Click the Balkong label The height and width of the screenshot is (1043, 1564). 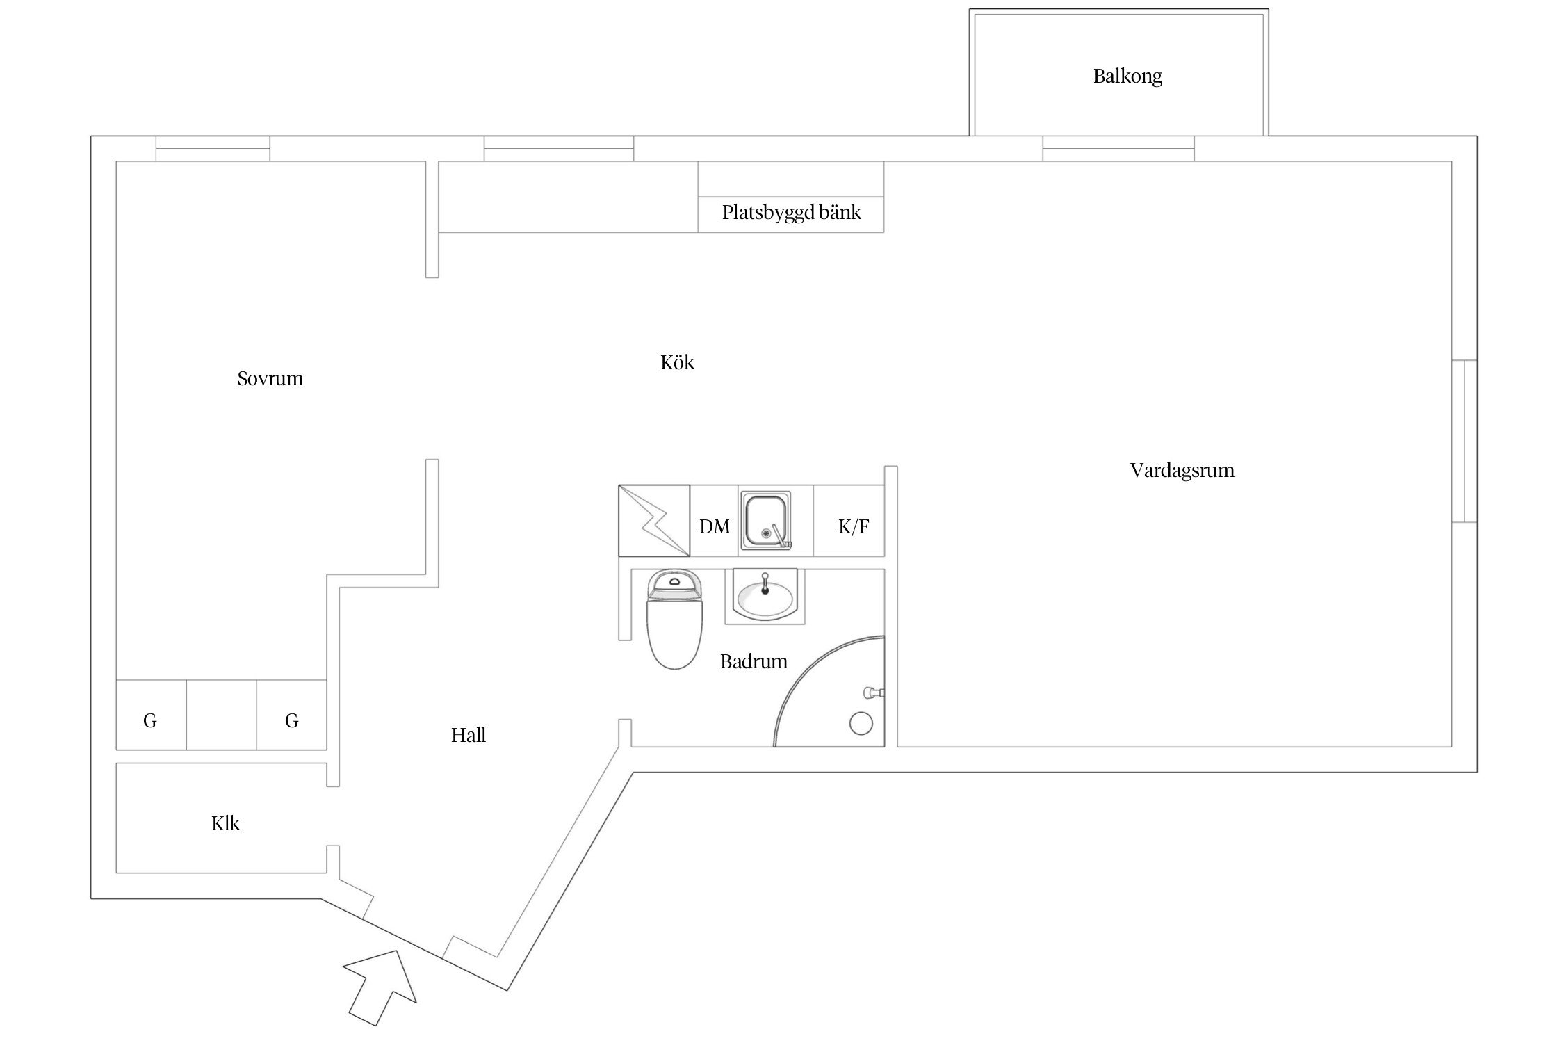tap(1127, 76)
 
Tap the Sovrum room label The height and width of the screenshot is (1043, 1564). tap(270, 379)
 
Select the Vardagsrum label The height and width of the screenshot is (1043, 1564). tap(1182, 471)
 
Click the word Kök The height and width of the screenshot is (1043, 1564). tap(676, 363)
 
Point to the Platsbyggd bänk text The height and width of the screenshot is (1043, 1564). tap(791, 213)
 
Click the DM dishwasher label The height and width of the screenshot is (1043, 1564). tap(715, 527)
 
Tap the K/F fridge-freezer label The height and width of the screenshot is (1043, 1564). tap(853, 527)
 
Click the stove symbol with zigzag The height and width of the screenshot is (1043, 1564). tap(653, 521)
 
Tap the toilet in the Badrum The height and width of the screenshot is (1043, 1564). tap(674, 622)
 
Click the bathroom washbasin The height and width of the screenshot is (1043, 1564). tap(765, 598)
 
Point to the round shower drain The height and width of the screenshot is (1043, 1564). tap(861, 724)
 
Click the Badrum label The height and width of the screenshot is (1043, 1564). tap(754, 661)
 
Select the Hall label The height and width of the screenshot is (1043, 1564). tap(468, 735)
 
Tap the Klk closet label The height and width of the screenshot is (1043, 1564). tap(225, 824)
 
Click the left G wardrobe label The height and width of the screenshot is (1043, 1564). tap(149, 721)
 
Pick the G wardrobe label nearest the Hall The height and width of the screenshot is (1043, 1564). tap(291, 721)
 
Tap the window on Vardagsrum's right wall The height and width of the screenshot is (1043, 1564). tap(1464, 441)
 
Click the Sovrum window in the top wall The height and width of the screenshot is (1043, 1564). tap(212, 148)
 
